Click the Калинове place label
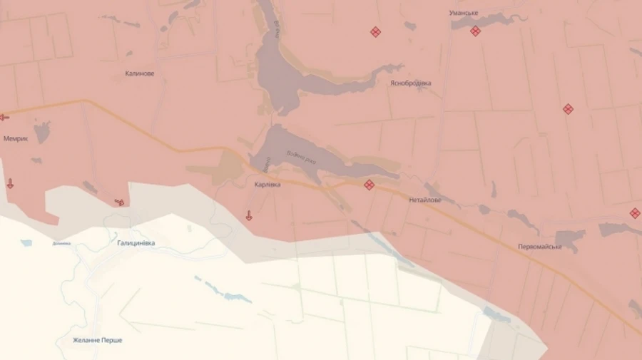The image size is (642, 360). pos(140,73)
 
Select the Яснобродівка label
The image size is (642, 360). pos(410,83)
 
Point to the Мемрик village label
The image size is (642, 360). pos(16,139)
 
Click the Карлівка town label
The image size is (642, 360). pos(267,185)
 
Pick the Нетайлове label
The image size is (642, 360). pos(425,200)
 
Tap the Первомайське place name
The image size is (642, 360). pos(540,247)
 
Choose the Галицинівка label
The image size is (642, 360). pos(136,243)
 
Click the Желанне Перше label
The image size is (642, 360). pos(98,340)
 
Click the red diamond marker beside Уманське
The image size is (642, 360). pos(475,31)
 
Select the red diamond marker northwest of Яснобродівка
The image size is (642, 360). pos(375,31)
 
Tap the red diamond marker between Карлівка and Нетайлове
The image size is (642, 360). pos(369,185)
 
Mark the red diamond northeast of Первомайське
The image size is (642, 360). pos(635,213)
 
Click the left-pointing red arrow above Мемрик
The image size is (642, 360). pos(4,117)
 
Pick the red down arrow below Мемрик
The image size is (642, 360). pos(10,184)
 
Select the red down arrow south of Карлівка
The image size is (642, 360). pos(249,215)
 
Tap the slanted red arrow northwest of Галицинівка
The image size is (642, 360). pos(120,202)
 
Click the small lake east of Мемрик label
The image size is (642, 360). pos(42,131)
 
